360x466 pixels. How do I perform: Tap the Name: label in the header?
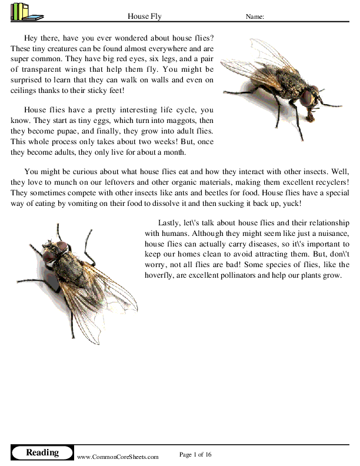pos(254,17)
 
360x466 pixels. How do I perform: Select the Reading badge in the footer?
pos(42,452)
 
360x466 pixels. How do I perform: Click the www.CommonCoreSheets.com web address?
pos(118,456)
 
